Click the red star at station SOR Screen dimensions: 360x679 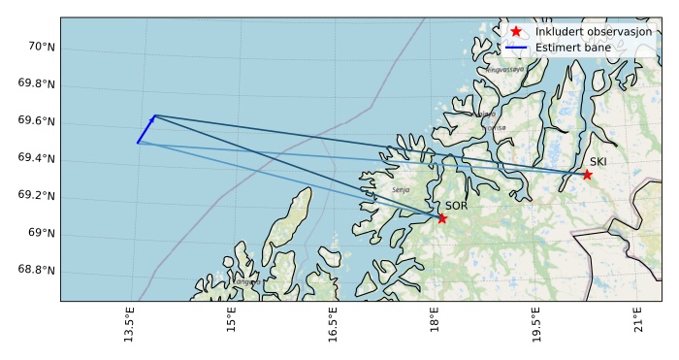[x=442, y=218]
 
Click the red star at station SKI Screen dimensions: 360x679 [x=587, y=175]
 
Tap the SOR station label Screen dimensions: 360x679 [x=457, y=206]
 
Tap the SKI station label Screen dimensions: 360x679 [x=598, y=162]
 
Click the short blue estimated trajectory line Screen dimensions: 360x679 [x=145, y=129]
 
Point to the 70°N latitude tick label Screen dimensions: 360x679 [x=39, y=47]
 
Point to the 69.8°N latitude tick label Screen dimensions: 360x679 [x=35, y=83]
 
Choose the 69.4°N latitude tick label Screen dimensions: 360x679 [x=35, y=158]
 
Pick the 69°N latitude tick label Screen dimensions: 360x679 [x=39, y=233]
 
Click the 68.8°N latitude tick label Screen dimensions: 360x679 [x=35, y=270]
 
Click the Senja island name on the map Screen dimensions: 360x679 [x=401, y=190]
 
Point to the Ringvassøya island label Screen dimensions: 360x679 [x=505, y=70]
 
